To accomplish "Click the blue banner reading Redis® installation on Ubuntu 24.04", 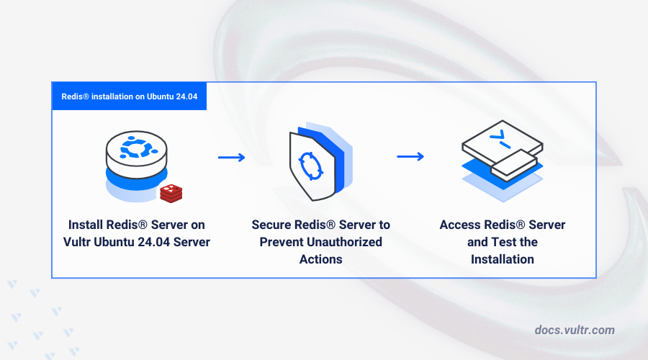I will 129,96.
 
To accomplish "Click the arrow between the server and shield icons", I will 231,157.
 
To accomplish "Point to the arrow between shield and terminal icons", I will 410,156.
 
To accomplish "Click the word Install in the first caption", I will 86,225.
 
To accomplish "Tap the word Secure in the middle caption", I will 273,225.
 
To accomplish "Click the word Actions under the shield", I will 321,259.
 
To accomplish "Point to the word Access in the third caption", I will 460,225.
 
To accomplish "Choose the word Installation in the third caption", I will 503,259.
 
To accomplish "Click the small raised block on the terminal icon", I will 513,167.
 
